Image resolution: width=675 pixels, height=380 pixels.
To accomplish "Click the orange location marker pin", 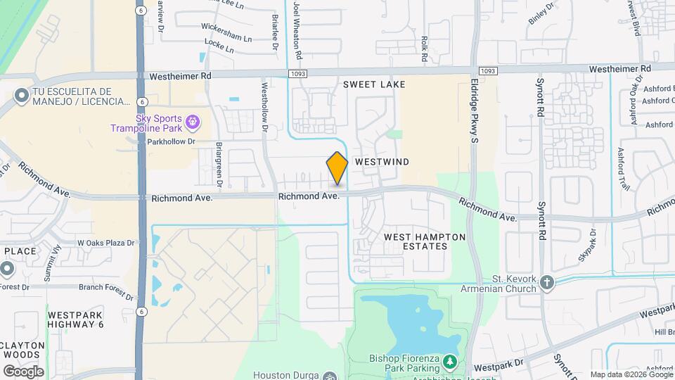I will pos(337,168).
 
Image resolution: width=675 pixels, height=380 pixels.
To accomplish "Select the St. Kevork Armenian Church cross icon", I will pos(548,284).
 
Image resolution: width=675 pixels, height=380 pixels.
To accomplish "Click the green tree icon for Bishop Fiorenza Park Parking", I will pos(450,362).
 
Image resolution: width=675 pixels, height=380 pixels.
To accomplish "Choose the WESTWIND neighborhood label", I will pos(382,162).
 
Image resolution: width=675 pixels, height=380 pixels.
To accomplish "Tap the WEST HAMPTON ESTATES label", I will pos(425,241).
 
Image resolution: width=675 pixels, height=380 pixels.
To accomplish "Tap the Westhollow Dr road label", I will pos(265,108).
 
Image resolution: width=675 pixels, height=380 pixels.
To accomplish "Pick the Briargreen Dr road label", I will pos(219,166).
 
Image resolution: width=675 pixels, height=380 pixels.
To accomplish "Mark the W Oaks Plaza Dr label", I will pos(105,243).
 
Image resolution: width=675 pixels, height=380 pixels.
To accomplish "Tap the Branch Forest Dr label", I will pos(106,289).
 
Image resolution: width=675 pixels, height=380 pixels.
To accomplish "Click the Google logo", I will pos(23,371).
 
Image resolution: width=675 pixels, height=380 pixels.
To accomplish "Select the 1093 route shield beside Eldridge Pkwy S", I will pos(487,71).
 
